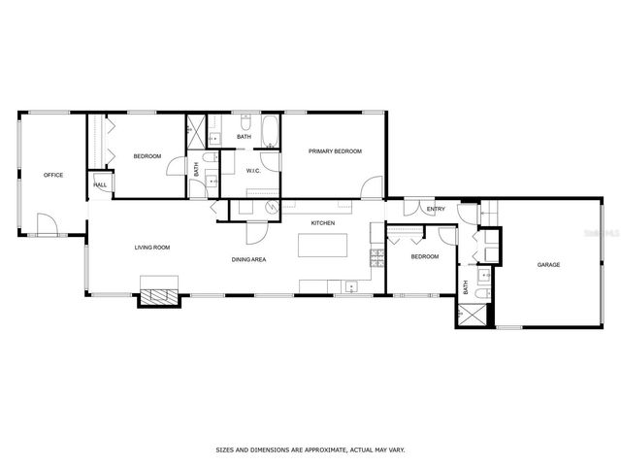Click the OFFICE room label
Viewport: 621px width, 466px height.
pyautogui.click(x=53, y=175)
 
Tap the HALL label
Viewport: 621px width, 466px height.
pyautogui.click(x=100, y=185)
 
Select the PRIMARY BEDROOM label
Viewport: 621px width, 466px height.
pyautogui.click(x=335, y=151)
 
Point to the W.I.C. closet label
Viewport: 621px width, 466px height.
pyautogui.click(x=253, y=171)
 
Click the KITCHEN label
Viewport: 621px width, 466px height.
pyautogui.click(x=323, y=223)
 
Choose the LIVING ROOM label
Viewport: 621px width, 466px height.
pyautogui.click(x=152, y=248)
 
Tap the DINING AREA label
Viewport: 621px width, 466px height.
pyautogui.click(x=249, y=259)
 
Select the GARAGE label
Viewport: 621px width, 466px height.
pyautogui.click(x=549, y=264)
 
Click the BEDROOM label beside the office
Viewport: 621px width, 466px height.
pyautogui.click(x=147, y=156)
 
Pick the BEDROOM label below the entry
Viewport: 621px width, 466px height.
pyautogui.click(x=424, y=256)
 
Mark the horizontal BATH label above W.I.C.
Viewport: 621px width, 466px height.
pyautogui.click(x=244, y=137)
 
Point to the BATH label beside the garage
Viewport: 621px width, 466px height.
pyautogui.click(x=466, y=287)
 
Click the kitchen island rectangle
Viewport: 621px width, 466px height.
pyautogui.click(x=323, y=245)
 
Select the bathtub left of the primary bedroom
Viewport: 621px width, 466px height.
pyautogui.click(x=270, y=133)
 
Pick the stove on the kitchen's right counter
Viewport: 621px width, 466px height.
pyautogui.click(x=376, y=257)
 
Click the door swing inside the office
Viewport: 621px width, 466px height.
pyautogui.click(x=47, y=225)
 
